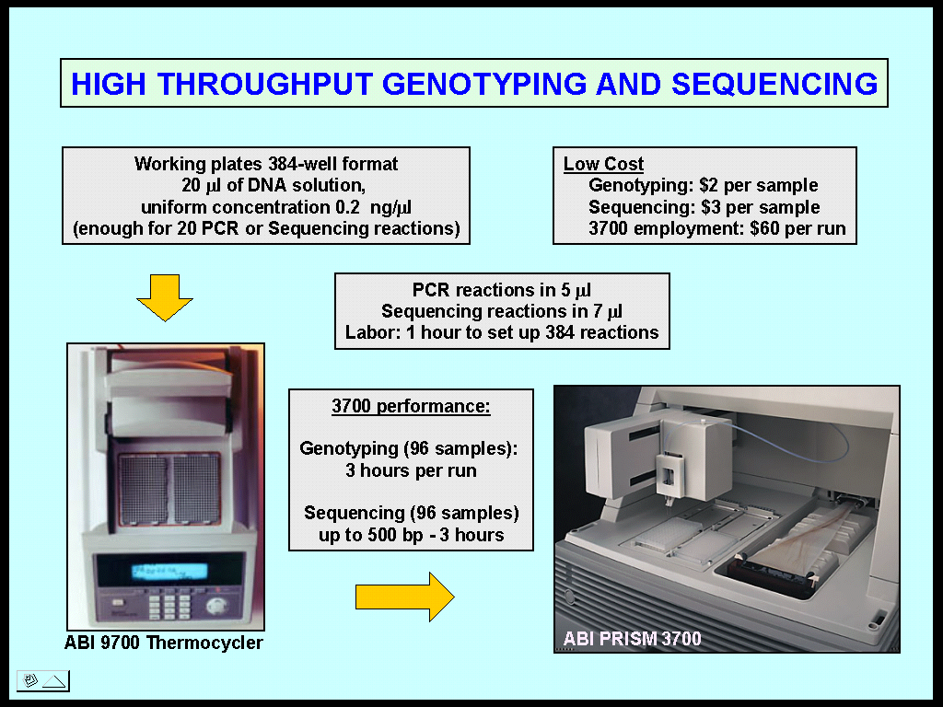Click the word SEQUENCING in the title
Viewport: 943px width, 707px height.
[x=774, y=85]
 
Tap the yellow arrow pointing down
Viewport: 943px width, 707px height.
[x=164, y=297]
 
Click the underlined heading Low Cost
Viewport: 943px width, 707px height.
[x=603, y=165]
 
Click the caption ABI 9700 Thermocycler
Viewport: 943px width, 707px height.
[x=164, y=643]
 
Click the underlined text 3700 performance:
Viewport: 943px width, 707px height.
[x=411, y=406]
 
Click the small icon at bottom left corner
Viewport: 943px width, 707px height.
[x=42, y=681]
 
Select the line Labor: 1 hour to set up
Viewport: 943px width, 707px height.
[x=502, y=332]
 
